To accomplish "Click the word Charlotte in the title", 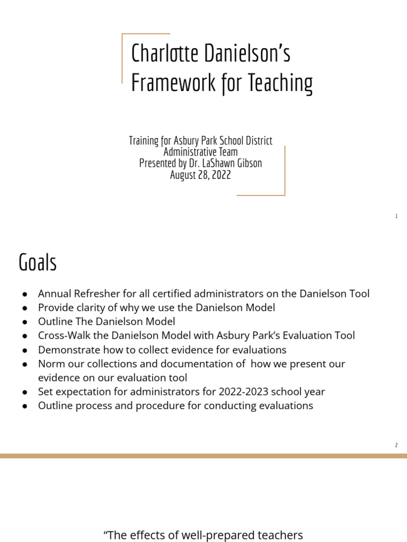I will coord(157,54).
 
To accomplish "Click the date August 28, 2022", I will coord(200,175).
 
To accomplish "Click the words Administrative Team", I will coord(200,152).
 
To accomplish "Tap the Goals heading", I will coord(37,262).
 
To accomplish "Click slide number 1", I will coord(396,216).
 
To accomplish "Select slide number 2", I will coord(396,445).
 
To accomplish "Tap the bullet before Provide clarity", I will coord(25,308).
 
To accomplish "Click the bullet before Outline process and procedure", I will coord(25,406).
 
